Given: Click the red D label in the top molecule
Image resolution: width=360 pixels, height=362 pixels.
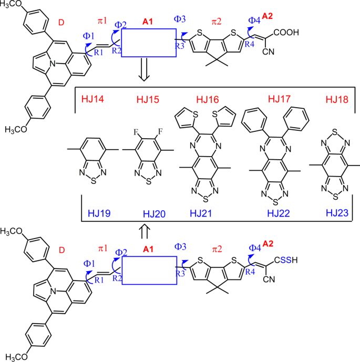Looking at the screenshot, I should point(62,23).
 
